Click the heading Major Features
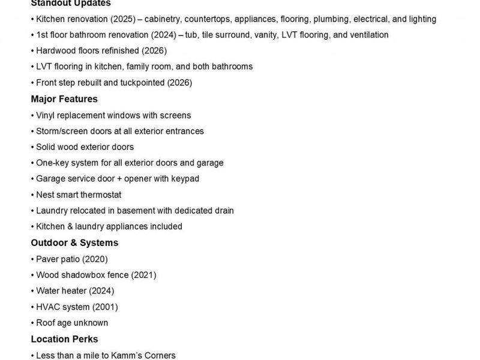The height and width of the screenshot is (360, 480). click(x=64, y=99)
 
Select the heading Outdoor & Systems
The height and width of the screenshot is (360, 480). click(x=74, y=243)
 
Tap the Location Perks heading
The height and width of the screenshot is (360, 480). click(x=64, y=339)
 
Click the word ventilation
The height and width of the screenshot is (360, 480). click(x=360, y=35)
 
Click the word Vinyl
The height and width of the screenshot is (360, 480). click(x=46, y=115)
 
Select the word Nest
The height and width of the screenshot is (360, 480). click(x=46, y=195)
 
